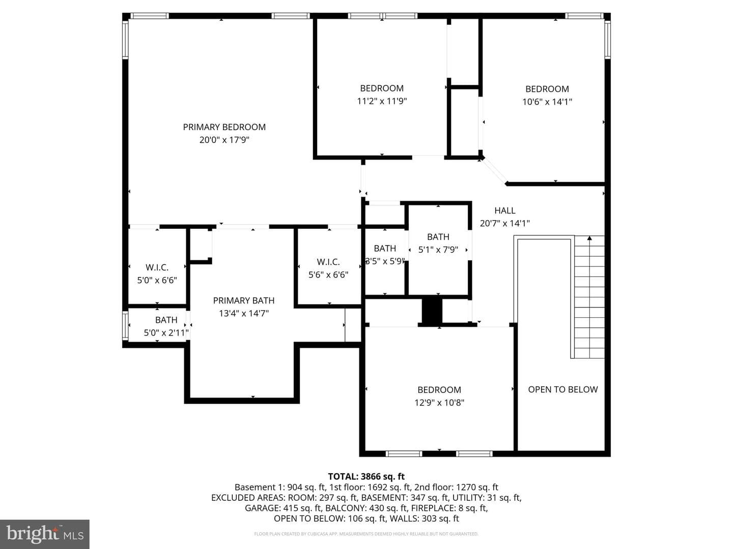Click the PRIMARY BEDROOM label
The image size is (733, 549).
click(224, 127)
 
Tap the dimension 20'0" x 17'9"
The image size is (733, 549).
click(224, 140)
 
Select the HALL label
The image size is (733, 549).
click(504, 210)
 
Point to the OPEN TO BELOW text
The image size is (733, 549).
click(562, 389)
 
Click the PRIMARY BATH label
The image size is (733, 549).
click(244, 300)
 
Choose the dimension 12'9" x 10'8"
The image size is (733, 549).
click(439, 402)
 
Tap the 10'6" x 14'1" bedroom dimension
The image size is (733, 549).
click(547, 102)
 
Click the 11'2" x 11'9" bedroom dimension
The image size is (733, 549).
click(382, 101)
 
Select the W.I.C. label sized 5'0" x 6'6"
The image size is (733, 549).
click(157, 267)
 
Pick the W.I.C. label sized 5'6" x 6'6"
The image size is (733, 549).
click(328, 262)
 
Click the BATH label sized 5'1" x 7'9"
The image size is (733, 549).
click(438, 237)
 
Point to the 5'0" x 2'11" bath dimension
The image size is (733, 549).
click(166, 332)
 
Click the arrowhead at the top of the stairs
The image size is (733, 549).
click(589, 238)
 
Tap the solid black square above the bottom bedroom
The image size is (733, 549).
click(432, 310)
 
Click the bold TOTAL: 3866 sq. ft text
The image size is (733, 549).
click(366, 476)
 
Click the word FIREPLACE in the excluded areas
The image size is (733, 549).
click(432, 508)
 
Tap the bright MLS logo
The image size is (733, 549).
click(45, 534)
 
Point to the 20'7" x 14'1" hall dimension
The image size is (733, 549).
click(504, 223)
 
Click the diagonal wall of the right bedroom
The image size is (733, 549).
click(494, 171)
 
